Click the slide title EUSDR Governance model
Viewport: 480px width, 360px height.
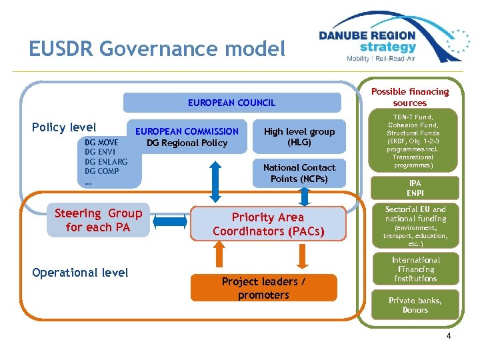[157, 49]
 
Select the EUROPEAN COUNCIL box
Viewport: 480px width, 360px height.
[231, 103]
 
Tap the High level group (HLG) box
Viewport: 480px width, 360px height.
[299, 137]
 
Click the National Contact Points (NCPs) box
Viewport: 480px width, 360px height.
[299, 173]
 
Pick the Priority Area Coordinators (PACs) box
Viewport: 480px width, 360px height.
[268, 224]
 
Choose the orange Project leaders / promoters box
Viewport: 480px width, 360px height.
[263, 288]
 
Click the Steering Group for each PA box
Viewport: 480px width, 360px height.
[98, 220]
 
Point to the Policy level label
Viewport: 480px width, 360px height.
[64, 127]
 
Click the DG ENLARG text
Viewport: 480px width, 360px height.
[106, 161]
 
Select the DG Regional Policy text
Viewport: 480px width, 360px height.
[187, 143]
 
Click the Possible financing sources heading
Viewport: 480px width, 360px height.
[410, 97]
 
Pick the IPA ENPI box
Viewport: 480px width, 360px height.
[415, 187]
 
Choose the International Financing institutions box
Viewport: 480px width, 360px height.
[415, 269]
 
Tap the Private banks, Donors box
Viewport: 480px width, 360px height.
[415, 305]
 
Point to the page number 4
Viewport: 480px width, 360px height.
[449, 336]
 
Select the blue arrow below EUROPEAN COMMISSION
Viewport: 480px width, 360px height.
[215, 181]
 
